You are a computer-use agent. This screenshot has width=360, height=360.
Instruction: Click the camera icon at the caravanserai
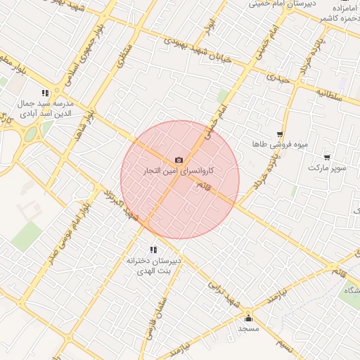click(179, 160)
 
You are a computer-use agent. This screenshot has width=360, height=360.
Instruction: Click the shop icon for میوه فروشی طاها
click(280, 134)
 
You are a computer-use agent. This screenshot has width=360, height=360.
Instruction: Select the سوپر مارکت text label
click(327, 169)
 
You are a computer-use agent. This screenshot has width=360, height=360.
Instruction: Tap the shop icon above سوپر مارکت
click(327, 157)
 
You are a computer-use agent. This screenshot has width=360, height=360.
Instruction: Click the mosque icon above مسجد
click(248, 318)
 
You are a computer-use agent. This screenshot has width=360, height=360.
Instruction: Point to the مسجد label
click(248, 328)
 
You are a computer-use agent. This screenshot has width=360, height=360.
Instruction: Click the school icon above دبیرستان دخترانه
click(153, 250)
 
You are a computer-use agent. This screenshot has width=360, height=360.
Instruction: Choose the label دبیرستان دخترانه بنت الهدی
click(153, 265)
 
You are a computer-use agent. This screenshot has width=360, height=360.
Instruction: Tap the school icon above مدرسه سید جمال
click(46, 92)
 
